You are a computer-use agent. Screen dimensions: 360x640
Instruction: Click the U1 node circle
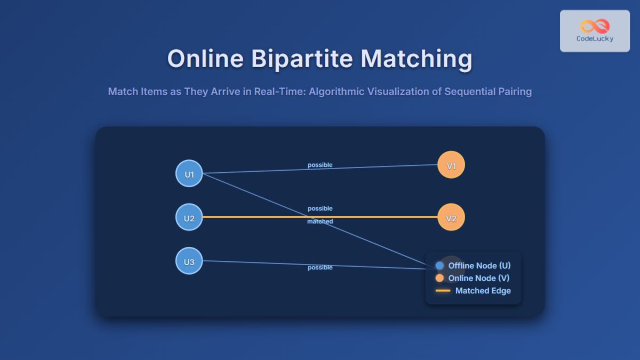coord(189,174)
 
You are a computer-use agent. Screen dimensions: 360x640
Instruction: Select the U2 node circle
coord(189,218)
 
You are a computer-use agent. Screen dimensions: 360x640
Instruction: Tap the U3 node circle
coord(189,262)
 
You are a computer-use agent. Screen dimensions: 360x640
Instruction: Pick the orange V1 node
coord(451,165)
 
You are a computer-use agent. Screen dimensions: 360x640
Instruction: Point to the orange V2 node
coord(451,218)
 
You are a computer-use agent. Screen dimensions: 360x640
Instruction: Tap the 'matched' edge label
coord(320,221)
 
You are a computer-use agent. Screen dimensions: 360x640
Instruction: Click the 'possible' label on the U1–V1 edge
coord(320,165)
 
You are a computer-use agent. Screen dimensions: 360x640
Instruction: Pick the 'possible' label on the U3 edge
coord(320,267)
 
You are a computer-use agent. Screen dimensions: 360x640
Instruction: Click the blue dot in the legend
coord(439,266)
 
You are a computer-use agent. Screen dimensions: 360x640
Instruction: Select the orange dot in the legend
coord(439,278)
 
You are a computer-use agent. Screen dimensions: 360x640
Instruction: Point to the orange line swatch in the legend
coord(443,291)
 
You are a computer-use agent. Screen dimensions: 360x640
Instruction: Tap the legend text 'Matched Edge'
coord(483,291)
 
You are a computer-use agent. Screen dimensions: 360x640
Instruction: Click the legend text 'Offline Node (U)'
coord(479,266)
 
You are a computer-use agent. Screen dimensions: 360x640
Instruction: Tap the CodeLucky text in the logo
coord(595,38)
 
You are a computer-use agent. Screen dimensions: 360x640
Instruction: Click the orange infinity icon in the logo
coord(595,26)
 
